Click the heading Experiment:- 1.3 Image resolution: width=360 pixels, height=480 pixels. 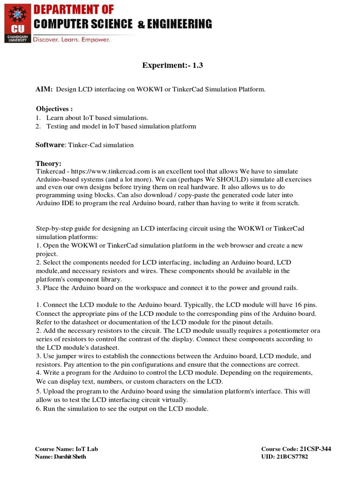pos(172,66)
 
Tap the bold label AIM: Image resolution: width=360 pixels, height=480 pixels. pos(45,89)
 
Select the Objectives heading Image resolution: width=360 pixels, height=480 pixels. pos(54,109)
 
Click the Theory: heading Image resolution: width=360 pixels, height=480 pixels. pos(49,164)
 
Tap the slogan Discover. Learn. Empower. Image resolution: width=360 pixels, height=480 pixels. pos(71,40)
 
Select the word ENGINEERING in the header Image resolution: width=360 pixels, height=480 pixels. pos(179,24)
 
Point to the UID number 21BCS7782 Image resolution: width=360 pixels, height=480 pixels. pos(293,457)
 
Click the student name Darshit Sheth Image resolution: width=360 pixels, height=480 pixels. pos(69,457)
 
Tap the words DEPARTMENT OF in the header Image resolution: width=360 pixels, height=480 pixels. pos(74,10)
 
